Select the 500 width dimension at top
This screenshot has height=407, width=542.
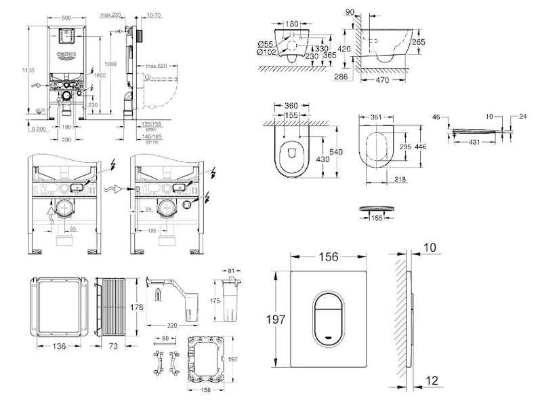[x=66, y=15]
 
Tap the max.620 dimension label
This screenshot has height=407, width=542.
[x=156, y=66]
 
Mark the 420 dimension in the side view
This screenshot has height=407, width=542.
[x=344, y=49]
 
